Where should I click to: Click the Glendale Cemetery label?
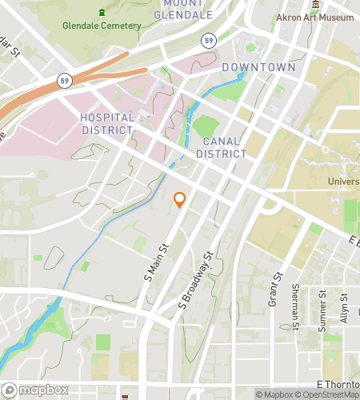click(102, 26)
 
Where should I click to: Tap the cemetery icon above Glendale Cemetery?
click(102, 12)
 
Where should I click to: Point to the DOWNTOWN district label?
click(258, 68)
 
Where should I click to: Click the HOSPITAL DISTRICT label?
click(106, 124)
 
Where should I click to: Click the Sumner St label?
click(323, 306)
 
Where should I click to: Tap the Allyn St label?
click(344, 306)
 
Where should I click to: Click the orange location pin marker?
click(180, 200)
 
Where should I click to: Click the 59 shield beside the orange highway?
click(63, 80)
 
